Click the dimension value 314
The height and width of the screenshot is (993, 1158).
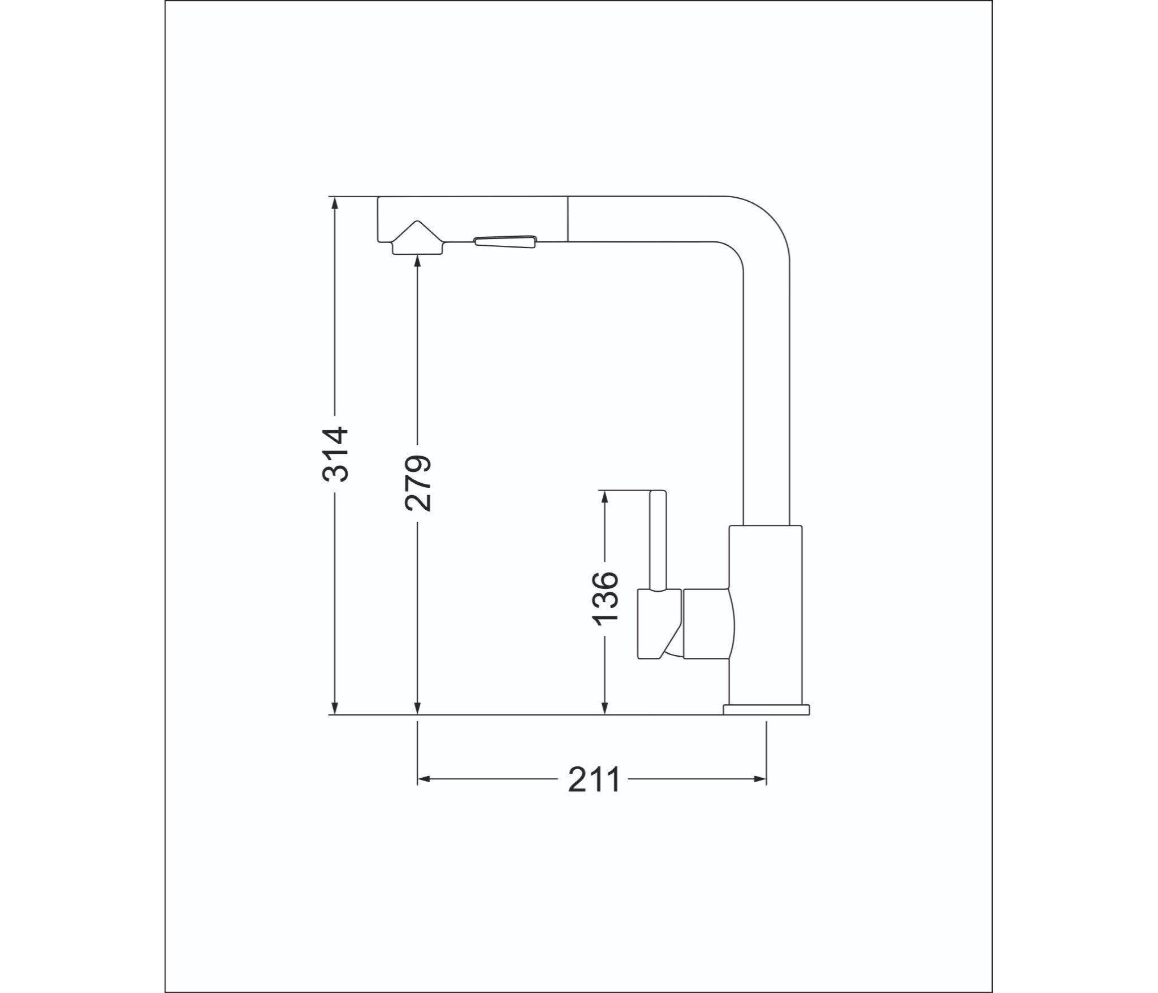pos(335,454)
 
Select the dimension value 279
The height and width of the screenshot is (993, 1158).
pos(418,483)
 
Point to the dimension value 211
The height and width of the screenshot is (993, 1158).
pos(594,780)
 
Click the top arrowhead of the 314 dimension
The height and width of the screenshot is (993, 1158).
pos(335,203)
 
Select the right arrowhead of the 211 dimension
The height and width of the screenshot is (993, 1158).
pos(759,779)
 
